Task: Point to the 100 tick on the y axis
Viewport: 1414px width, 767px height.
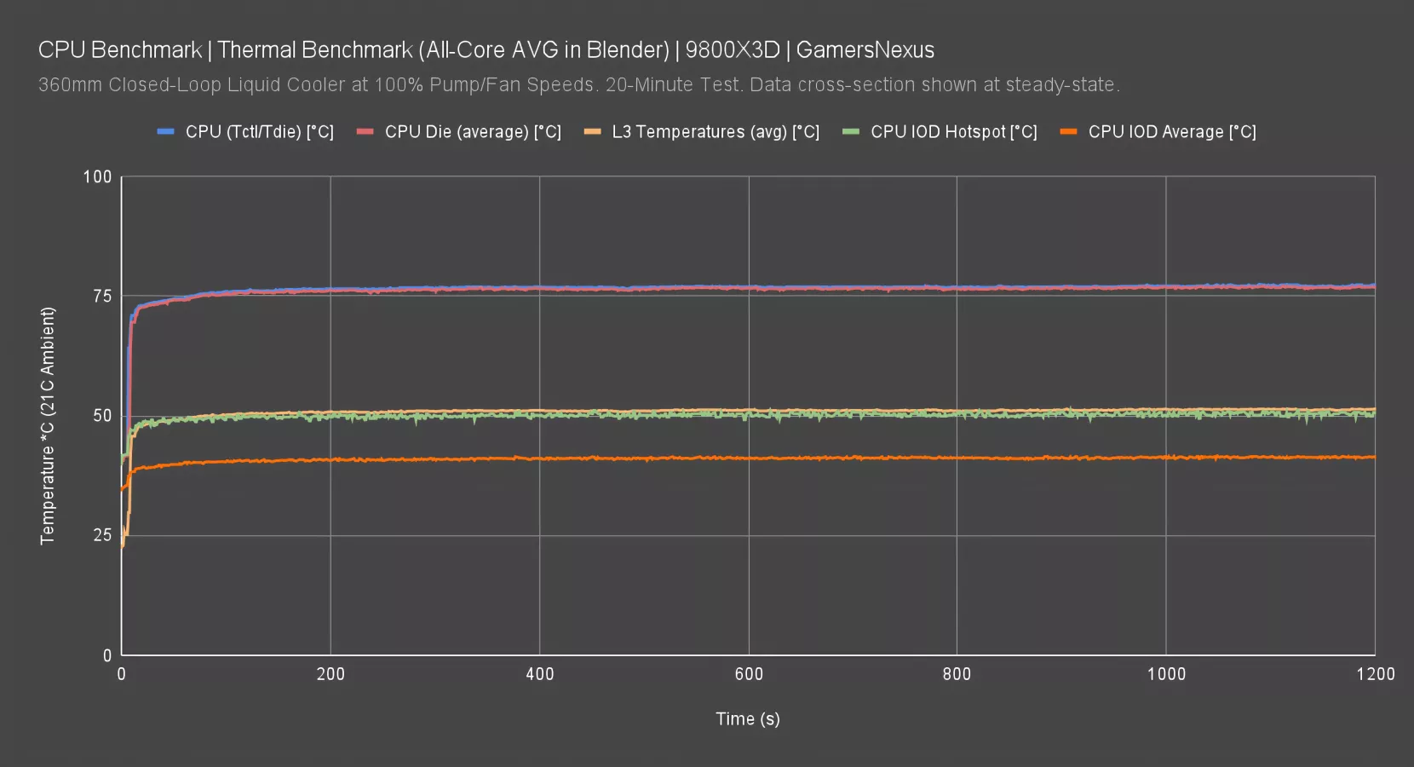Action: pyautogui.click(x=97, y=176)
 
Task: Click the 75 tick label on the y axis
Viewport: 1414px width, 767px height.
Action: pyautogui.click(x=102, y=296)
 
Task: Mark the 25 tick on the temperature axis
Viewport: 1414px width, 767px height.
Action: pyautogui.click(x=102, y=535)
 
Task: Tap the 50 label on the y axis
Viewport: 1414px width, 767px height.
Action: pyautogui.click(x=102, y=416)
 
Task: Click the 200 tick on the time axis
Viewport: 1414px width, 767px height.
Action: pyautogui.click(x=331, y=674)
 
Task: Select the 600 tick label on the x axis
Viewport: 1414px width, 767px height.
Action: pyautogui.click(x=749, y=674)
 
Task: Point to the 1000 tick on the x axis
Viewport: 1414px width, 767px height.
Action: pyautogui.click(x=1166, y=674)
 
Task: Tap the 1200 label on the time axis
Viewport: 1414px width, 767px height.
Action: pyautogui.click(x=1375, y=674)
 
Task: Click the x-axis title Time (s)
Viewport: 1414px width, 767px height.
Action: pyautogui.click(x=747, y=718)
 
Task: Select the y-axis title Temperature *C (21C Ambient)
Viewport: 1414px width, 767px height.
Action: pyautogui.click(x=47, y=425)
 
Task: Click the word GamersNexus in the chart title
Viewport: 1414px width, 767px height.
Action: pyautogui.click(x=865, y=50)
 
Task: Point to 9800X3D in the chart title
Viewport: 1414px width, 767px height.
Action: pyautogui.click(x=732, y=50)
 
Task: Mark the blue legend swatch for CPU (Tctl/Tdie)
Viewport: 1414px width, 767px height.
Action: pyautogui.click(x=165, y=132)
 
